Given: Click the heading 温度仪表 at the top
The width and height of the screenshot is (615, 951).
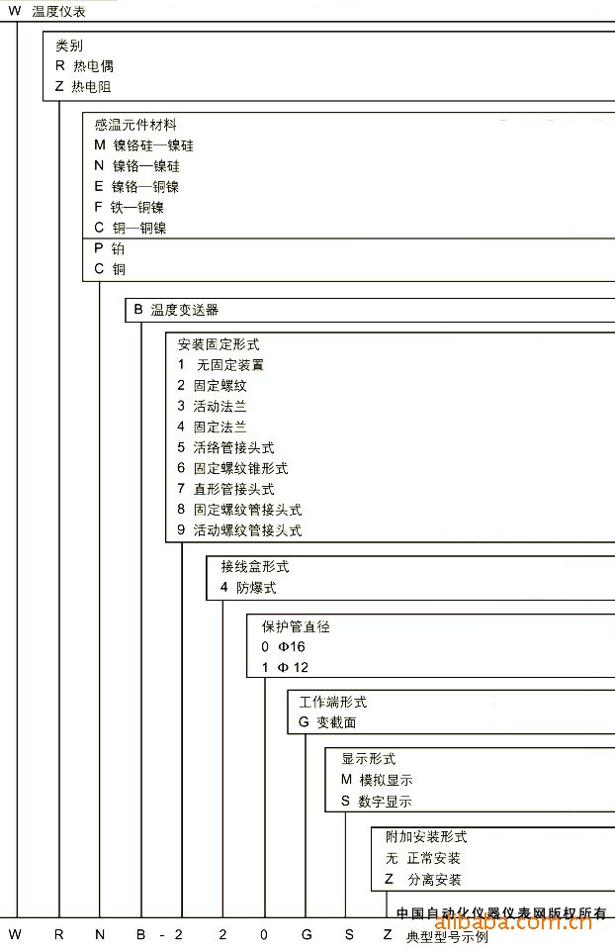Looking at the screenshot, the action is coord(58,12).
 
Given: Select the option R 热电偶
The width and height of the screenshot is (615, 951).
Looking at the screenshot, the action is coord(84,66).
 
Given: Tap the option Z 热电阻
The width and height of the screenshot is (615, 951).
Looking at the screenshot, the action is coord(83,87).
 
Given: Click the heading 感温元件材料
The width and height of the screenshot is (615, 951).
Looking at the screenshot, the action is coord(135,125).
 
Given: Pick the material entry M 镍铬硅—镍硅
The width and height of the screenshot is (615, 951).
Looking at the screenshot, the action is coord(144,145).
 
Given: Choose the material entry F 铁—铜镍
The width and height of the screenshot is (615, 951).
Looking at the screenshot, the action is coord(130,208).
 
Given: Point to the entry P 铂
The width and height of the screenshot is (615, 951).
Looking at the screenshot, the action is coord(110,248).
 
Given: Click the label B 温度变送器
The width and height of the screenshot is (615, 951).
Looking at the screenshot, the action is coord(176,310).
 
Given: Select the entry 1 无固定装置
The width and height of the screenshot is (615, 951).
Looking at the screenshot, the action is coord(220,365).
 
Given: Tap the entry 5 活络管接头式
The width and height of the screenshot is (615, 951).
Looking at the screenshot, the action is coord(225,447).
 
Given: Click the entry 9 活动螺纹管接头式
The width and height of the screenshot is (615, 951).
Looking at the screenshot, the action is coord(239,530).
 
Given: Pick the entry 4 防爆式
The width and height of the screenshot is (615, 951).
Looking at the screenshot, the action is coord(248,587).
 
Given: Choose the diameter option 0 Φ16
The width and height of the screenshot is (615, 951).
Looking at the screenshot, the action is coord(283,647).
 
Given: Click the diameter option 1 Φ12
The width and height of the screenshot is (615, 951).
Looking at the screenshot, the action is coord(285,668).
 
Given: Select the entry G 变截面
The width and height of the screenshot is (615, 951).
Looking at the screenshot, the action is coord(327,722).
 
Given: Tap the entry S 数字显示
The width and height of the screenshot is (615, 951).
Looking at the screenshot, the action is coord(377,802).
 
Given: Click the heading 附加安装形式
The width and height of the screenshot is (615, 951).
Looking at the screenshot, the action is coord(426,837).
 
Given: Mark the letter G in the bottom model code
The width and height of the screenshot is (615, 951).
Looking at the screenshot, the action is coord(306,934).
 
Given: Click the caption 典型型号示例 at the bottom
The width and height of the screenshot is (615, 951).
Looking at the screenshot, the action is coord(447,937).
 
